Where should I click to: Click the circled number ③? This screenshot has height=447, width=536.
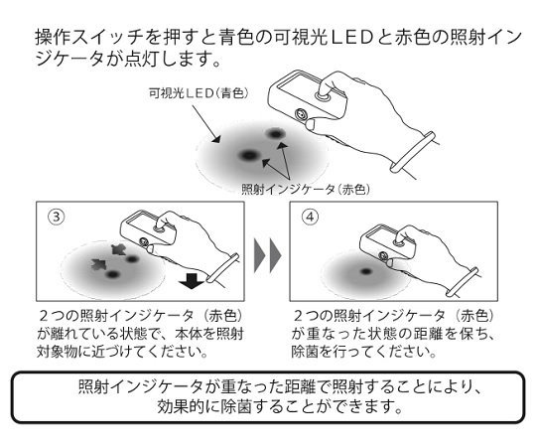pyautogui.click(x=57, y=217)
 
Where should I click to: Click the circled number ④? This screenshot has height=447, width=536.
pyautogui.click(x=310, y=217)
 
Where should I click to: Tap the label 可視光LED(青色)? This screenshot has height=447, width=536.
pyautogui.click(x=199, y=93)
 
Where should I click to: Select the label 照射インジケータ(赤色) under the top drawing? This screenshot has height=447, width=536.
pyautogui.click(x=306, y=189)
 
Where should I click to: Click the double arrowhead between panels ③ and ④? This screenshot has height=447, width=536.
pyautogui.click(x=267, y=255)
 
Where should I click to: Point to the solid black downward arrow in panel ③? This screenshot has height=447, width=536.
pyautogui.click(x=192, y=280)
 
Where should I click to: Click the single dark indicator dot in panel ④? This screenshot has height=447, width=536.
pyautogui.click(x=366, y=271)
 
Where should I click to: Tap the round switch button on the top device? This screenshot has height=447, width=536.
pyautogui.click(x=323, y=95)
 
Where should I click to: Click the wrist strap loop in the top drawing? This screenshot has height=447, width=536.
pyautogui.click(x=413, y=152)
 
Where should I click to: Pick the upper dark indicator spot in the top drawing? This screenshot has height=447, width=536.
pyautogui.click(x=274, y=133)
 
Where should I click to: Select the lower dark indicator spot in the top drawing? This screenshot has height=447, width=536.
pyautogui.click(x=248, y=155)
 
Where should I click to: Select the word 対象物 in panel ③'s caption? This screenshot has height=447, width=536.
pyautogui.click(x=57, y=352)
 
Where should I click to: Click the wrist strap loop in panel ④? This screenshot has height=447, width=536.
pyautogui.click(x=462, y=282)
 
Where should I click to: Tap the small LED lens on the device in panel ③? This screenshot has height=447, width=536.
pyautogui.click(x=144, y=241)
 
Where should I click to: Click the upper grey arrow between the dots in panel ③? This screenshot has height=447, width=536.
pyautogui.click(x=118, y=250)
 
